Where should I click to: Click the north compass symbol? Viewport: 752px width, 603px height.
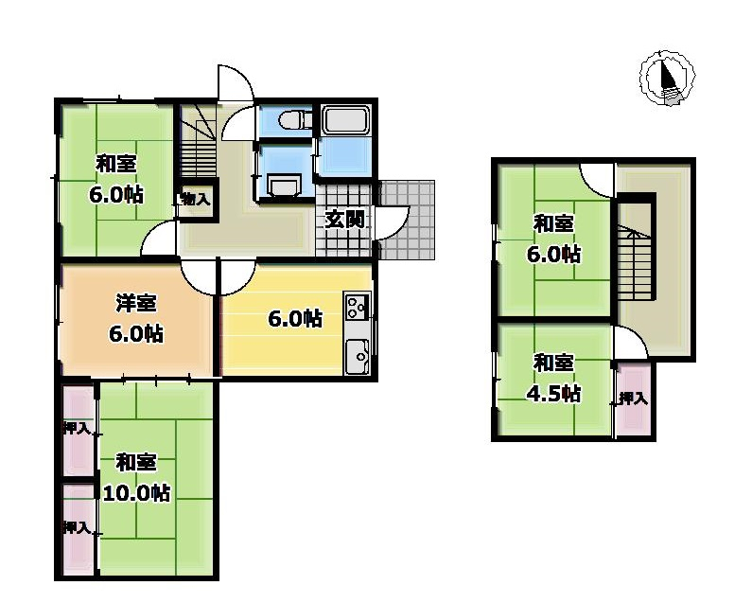(667, 78)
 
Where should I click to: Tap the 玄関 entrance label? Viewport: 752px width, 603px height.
(344, 220)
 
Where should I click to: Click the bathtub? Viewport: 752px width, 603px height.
(345, 120)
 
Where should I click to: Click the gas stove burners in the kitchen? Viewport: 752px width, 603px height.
(357, 308)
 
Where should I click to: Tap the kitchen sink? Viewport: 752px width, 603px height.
(357, 356)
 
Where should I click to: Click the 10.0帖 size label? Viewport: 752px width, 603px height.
(136, 493)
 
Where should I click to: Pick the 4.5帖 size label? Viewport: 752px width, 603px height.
(554, 394)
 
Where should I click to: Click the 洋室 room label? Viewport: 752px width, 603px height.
(136, 304)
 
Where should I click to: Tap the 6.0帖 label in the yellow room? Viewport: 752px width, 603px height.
(295, 319)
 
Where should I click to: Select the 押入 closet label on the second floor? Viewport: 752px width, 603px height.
(633, 398)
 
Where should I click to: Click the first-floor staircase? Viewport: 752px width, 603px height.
(198, 141)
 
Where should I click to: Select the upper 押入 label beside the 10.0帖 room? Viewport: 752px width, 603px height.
(77, 429)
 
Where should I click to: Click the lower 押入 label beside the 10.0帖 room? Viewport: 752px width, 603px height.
(77, 527)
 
